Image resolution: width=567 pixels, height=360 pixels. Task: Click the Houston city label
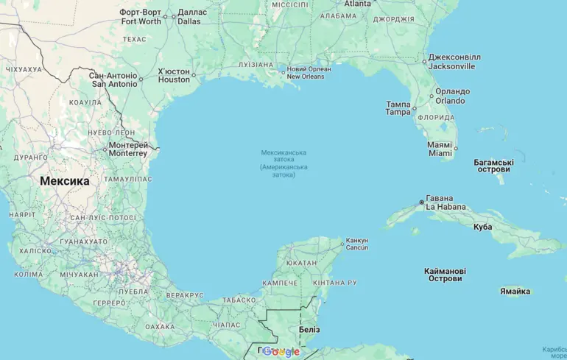pos(174,76)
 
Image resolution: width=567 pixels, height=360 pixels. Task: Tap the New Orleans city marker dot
pos(283,72)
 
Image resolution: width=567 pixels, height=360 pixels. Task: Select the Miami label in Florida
pos(440,149)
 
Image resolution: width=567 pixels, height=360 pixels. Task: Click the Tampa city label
pos(398,108)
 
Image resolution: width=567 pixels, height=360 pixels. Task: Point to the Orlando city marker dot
pos(432,96)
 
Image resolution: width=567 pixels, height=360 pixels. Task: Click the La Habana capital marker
pos(421,202)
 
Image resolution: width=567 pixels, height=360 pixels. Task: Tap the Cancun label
pos(356,244)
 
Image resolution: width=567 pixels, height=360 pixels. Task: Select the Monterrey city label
pos(128,149)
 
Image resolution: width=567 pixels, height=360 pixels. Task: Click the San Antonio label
pos(113,80)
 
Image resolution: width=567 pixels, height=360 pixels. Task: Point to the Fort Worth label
pos(141,17)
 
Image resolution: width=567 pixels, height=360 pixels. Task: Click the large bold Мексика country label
pos(65,181)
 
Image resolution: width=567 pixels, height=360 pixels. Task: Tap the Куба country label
pos(483,227)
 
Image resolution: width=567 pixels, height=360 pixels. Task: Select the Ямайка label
pos(515,292)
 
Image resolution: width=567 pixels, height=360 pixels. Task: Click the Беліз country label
pos(309,330)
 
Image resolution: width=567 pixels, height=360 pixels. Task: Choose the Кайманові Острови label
pos(445,275)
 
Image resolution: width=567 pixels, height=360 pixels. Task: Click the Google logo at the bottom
pos(281,352)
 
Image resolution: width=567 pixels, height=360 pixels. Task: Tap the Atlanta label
pos(358,4)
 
